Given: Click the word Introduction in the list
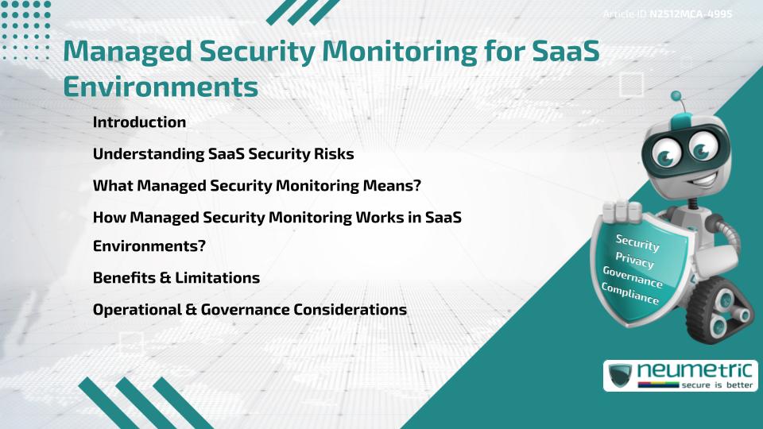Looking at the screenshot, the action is click(x=139, y=122).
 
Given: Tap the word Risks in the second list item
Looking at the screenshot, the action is click(x=334, y=153).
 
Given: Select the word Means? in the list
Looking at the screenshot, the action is click(x=392, y=185).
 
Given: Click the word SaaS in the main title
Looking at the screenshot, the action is click(x=565, y=51).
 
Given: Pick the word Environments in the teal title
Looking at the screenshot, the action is click(x=161, y=87).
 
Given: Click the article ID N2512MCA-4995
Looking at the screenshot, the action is click(x=691, y=14).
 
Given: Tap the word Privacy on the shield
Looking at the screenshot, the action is click(x=634, y=260).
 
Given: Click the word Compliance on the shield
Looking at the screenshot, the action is click(x=629, y=293).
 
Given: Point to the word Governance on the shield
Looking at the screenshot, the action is click(x=633, y=276).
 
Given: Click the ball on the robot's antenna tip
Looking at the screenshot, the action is click(x=676, y=96).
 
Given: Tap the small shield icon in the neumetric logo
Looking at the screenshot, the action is click(x=620, y=375).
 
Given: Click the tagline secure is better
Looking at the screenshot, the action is click(x=717, y=385).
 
